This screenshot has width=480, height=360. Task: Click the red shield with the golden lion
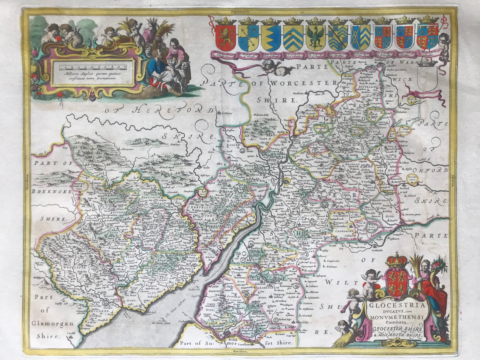tap(226, 37)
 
